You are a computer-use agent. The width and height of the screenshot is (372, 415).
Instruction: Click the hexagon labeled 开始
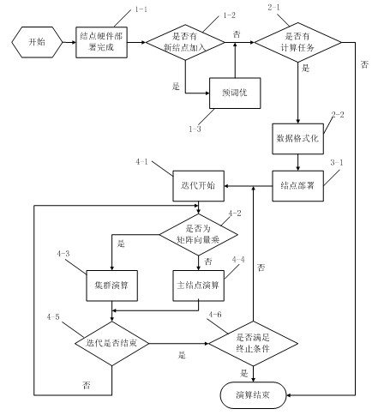click(x=37, y=42)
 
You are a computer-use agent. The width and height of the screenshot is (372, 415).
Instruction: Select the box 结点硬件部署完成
click(x=101, y=42)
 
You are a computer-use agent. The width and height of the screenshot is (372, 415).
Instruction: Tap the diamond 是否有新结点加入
click(x=185, y=42)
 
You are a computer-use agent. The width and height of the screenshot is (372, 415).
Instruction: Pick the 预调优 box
click(x=235, y=93)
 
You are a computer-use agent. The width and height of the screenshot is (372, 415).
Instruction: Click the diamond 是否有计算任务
click(x=297, y=42)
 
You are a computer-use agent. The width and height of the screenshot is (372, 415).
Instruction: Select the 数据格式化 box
click(x=297, y=139)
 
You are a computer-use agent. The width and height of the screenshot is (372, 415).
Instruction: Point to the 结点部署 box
click(x=297, y=186)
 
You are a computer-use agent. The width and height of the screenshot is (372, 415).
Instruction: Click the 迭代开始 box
click(x=198, y=186)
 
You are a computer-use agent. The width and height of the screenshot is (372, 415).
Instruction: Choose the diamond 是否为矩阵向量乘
click(x=198, y=235)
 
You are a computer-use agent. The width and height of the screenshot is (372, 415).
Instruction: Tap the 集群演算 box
click(x=111, y=286)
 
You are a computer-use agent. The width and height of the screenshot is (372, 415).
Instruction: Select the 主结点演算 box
click(x=198, y=286)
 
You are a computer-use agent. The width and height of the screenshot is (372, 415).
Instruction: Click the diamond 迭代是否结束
click(x=111, y=343)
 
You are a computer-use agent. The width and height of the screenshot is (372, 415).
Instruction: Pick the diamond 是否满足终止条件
click(x=253, y=343)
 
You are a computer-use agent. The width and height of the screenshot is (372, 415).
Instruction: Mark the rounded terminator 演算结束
click(x=253, y=395)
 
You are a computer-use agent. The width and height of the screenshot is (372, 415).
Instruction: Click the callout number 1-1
click(x=141, y=9)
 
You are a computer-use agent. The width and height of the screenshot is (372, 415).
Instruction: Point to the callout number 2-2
click(x=338, y=115)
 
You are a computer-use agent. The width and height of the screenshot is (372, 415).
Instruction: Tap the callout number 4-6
click(x=215, y=315)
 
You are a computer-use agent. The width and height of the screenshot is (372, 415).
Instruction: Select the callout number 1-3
click(x=195, y=129)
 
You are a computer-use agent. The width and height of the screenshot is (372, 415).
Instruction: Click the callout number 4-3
click(x=63, y=254)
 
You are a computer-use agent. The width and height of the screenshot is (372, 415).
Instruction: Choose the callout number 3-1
click(x=337, y=163)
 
